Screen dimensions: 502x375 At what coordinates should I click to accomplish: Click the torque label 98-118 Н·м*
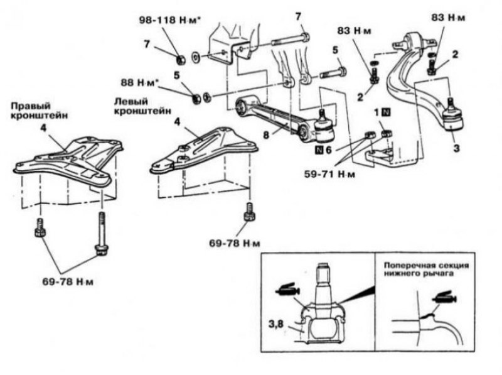coord(169,20)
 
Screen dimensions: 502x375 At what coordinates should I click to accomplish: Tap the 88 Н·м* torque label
coord(139,82)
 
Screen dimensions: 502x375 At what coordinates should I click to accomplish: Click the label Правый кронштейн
coord(40,111)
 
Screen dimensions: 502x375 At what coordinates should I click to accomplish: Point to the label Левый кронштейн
coord(143,106)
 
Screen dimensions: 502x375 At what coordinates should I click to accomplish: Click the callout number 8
coord(266,136)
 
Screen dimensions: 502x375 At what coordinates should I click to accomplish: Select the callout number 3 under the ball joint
coord(456,148)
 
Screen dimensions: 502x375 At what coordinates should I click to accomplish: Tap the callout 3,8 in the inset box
coord(275,324)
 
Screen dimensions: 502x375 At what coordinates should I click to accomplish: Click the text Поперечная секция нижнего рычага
coord(427,269)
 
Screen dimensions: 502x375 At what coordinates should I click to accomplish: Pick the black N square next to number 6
coord(319,149)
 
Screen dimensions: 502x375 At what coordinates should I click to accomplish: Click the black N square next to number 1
coord(387,112)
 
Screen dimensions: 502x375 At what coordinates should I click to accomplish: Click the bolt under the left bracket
coord(249,212)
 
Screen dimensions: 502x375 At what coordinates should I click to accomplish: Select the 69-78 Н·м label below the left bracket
coord(235,244)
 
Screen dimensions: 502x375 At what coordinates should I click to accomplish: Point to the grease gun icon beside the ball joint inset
coord(287,290)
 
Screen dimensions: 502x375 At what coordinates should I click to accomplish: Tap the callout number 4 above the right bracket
coord(43,128)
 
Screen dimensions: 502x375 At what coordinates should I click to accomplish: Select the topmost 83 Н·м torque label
coord(448,18)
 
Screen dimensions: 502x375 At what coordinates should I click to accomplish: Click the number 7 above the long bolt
coord(299,16)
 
